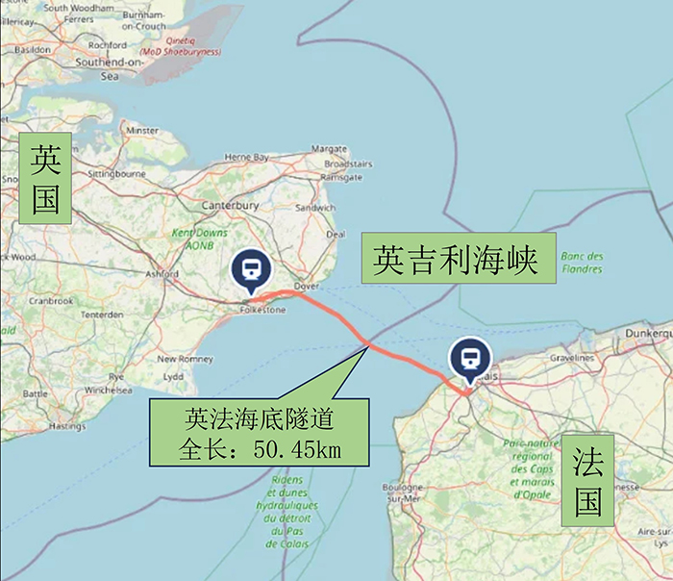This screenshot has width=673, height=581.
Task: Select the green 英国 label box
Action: [45, 178]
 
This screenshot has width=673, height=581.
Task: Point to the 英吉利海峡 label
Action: [458, 258]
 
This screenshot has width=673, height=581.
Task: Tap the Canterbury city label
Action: [230, 205]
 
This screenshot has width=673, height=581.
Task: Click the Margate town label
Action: [329, 149]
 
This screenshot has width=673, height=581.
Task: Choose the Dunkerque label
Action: [646, 330]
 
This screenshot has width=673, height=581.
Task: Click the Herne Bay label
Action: [245, 157]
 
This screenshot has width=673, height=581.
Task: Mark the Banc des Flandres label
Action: [582, 263]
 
